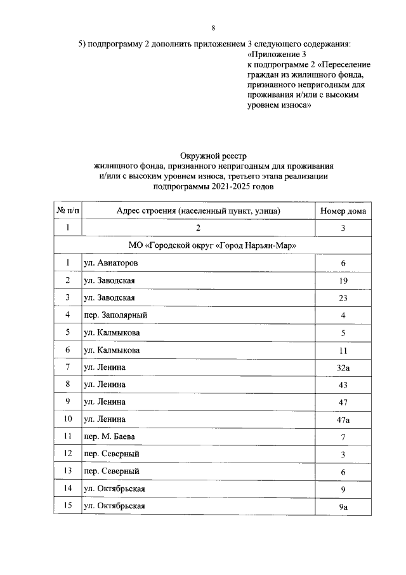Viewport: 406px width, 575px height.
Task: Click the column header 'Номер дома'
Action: (x=343, y=210)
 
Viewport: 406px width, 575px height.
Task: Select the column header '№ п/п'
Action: (x=67, y=210)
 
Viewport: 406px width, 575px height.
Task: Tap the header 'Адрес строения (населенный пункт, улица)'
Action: (x=198, y=210)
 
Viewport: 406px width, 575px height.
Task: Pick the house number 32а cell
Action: (x=343, y=367)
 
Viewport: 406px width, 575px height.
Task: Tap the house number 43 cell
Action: (x=343, y=384)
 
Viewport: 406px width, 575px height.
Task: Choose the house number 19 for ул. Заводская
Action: (x=343, y=280)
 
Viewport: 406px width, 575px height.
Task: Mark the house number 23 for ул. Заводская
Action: (x=343, y=297)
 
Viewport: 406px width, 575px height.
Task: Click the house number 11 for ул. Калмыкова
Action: (x=343, y=349)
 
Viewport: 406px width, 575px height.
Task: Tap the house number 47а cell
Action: (x=343, y=419)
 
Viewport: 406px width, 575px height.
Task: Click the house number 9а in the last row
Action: (x=343, y=506)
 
